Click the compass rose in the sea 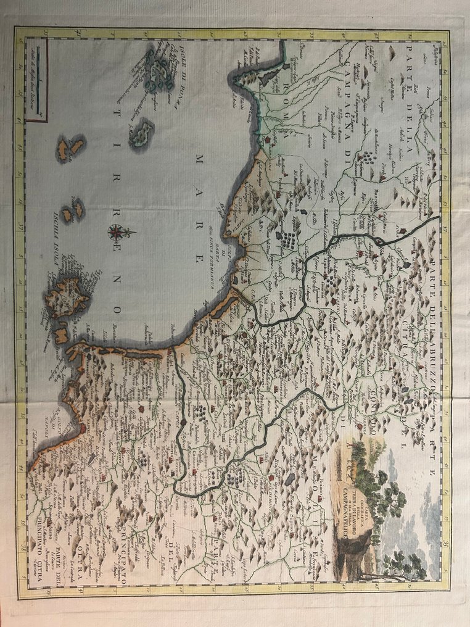pyautogui.click(x=115, y=233)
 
